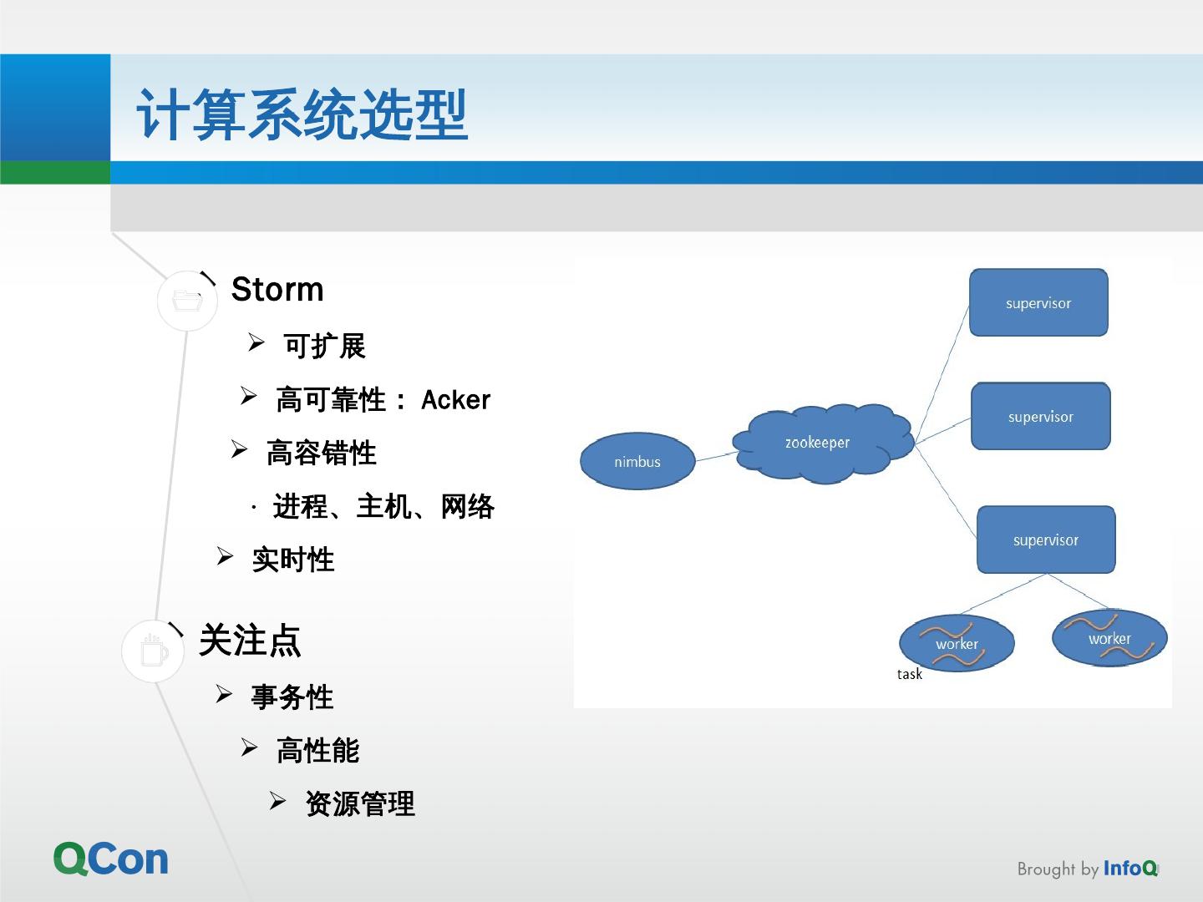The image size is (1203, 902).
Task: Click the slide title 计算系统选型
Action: click(302, 114)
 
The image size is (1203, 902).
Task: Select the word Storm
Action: click(277, 290)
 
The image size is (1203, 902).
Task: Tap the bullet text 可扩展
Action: click(324, 346)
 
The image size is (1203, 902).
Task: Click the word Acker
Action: click(455, 400)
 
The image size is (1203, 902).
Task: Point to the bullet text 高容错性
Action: click(321, 454)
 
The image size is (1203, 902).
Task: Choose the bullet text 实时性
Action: click(292, 560)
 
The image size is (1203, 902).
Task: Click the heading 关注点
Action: click(249, 641)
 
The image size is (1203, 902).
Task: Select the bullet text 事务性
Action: click(292, 697)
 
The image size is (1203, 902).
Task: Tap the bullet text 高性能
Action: click(317, 751)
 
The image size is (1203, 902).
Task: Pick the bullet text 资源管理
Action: click(359, 804)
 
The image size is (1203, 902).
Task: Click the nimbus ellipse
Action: click(637, 461)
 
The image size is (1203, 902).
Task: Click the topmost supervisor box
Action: click(1038, 303)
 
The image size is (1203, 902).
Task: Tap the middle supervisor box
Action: click(1040, 417)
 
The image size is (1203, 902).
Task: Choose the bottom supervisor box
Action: click(1046, 540)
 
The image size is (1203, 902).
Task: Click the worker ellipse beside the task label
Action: click(957, 644)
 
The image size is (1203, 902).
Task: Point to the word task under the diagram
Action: click(909, 674)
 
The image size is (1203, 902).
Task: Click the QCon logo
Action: click(111, 859)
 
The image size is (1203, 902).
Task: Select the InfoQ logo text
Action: click(1130, 869)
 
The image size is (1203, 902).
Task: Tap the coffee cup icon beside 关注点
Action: click(153, 651)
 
